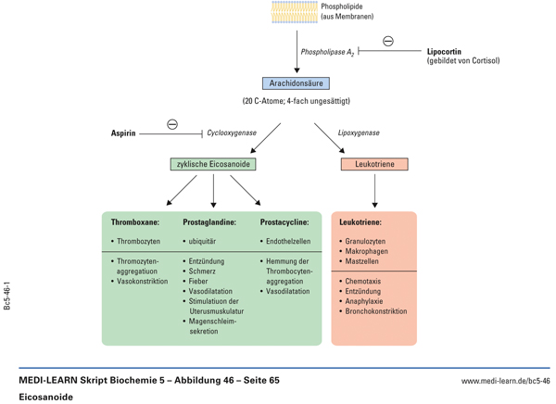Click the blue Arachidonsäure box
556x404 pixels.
click(x=297, y=83)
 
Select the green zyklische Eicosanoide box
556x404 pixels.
click(x=213, y=164)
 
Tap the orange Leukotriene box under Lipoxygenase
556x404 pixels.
click(x=374, y=164)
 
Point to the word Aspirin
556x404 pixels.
click(x=123, y=133)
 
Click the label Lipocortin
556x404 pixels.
click(x=444, y=52)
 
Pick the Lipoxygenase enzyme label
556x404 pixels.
click(x=359, y=133)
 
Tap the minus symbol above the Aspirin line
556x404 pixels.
click(x=172, y=124)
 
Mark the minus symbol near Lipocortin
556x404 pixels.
click(x=388, y=41)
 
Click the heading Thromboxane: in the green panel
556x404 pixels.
click(x=135, y=222)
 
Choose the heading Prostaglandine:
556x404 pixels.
click(x=209, y=222)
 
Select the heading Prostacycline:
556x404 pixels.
click(x=284, y=222)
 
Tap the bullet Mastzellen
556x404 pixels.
click(x=362, y=261)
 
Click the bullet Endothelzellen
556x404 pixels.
click(x=288, y=242)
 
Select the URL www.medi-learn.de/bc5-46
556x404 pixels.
click(x=505, y=380)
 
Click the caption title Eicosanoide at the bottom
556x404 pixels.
click(x=45, y=396)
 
